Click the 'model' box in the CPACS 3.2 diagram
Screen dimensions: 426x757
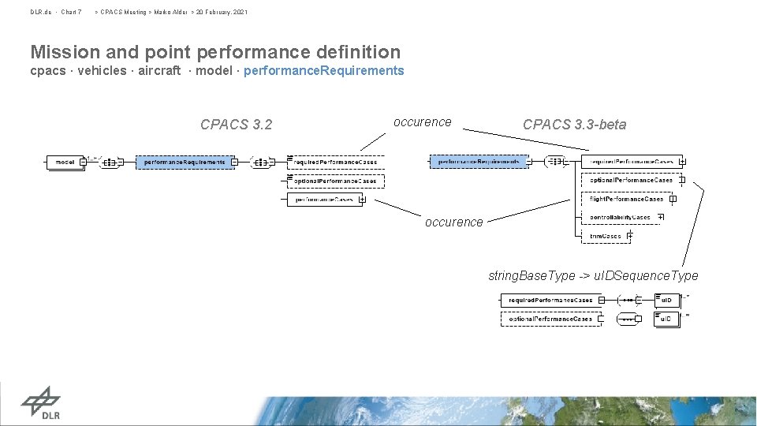(65, 163)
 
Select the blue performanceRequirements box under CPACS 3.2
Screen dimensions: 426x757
(185, 163)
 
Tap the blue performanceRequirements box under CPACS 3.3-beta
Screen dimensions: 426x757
(479, 162)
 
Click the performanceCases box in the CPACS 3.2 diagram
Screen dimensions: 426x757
(324, 200)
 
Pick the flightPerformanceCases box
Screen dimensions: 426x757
(627, 199)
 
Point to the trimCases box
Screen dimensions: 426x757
(606, 236)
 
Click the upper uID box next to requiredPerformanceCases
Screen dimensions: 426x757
(666, 301)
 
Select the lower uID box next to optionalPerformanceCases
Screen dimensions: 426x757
(666, 319)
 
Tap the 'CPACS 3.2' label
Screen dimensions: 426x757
(236, 125)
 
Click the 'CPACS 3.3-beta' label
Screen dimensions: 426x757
(574, 125)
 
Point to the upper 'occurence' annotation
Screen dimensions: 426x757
(423, 122)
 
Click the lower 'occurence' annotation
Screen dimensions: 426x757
(454, 222)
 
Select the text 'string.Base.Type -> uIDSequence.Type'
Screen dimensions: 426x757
(593, 275)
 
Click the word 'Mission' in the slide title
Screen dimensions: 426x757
(65, 53)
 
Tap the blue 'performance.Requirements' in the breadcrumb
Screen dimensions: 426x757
(324, 71)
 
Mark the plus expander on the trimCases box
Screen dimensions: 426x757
(629, 236)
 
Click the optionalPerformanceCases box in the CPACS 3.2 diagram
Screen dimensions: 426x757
(336, 181)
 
